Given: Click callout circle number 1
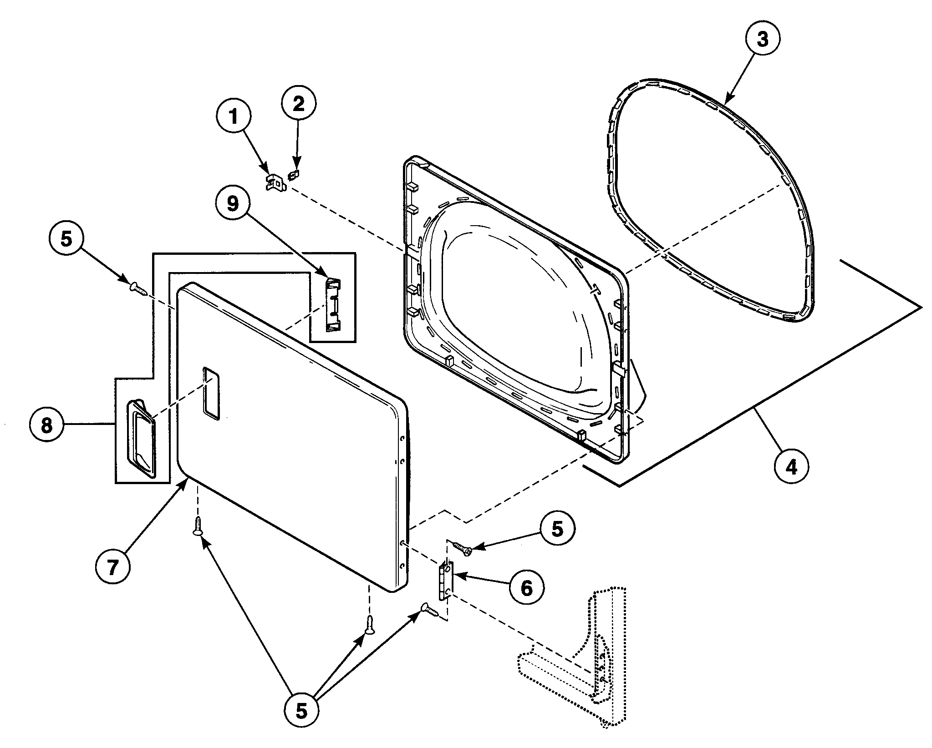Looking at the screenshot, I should click(x=234, y=117).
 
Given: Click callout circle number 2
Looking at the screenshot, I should click(x=298, y=104).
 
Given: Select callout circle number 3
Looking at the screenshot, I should click(x=763, y=39).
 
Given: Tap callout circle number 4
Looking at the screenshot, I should click(x=791, y=467).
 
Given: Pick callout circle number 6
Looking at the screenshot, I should click(x=526, y=588).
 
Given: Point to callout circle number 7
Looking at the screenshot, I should click(x=113, y=566).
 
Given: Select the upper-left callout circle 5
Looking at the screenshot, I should click(x=66, y=239).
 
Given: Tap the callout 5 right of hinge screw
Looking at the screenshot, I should click(x=557, y=529).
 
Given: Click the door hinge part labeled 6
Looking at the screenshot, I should click(x=446, y=581).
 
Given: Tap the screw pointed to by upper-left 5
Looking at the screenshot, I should click(x=138, y=288).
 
